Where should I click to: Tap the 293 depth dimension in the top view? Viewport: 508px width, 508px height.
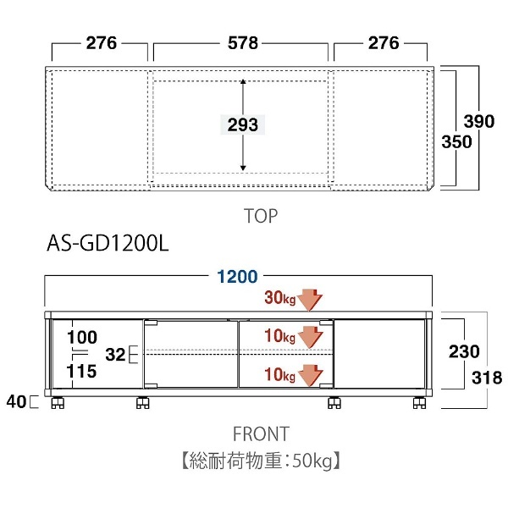pyautogui.click(x=243, y=125)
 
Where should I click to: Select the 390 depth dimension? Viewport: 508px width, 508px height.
pyautogui.click(x=479, y=122)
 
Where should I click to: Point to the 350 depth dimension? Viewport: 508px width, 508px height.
pyautogui.click(x=456, y=142)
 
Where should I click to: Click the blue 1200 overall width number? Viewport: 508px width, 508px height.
pyautogui.click(x=237, y=276)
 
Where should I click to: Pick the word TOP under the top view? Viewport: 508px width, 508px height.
pyautogui.click(x=260, y=217)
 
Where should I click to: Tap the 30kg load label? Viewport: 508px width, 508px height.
pyautogui.click(x=281, y=298)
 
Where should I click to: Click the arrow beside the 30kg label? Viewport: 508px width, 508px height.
pyautogui.click(x=312, y=298)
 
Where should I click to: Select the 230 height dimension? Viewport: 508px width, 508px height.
pyautogui.click(x=465, y=351)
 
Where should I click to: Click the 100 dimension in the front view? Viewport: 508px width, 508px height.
pyautogui.click(x=83, y=335)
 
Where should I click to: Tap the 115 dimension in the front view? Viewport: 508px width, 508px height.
pyautogui.click(x=83, y=370)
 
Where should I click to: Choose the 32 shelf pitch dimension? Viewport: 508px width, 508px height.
pyautogui.click(x=116, y=353)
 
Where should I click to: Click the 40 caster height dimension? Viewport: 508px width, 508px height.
pyautogui.click(x=17, y=400)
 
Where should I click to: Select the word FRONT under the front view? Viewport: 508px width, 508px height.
pyautogui.click(x=261, y=434)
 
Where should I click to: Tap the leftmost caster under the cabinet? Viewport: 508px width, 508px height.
pyautogui.click(x=58, y=404)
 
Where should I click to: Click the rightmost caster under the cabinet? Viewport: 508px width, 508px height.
pyautogui.click(x=419, y=404)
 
